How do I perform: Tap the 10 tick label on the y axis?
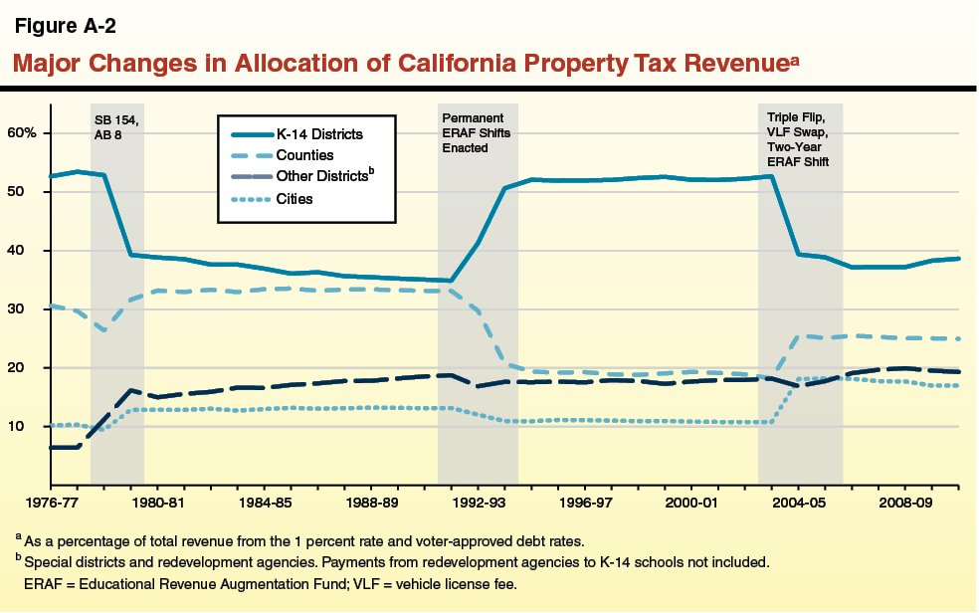pyautogui.click(x=28, y=427)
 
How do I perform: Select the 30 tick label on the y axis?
pyautogui.click(x=28, y=309)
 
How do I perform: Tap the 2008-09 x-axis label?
pyautogui.click(x=905, y=504)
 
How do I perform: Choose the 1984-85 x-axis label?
pyautogui.click(x=263, y=504)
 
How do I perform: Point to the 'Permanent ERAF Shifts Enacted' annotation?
pyautogui.click(x=477, y=132)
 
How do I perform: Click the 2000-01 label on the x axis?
pyautogui.click(x=691, y=504)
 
